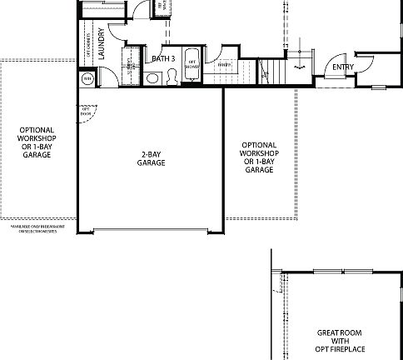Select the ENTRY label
(x=342, y=67)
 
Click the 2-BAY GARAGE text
(x=151, y=158)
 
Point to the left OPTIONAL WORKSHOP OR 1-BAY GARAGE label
(x=37, y=142)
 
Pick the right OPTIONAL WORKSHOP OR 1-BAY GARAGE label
(x=259, y=157)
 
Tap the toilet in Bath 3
(x=171, y=77)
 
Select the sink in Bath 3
(x=153, y=78)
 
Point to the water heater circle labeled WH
(x=87, y=78)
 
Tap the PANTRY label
(x=222, y=65)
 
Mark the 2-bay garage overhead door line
(x=151, y=231)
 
